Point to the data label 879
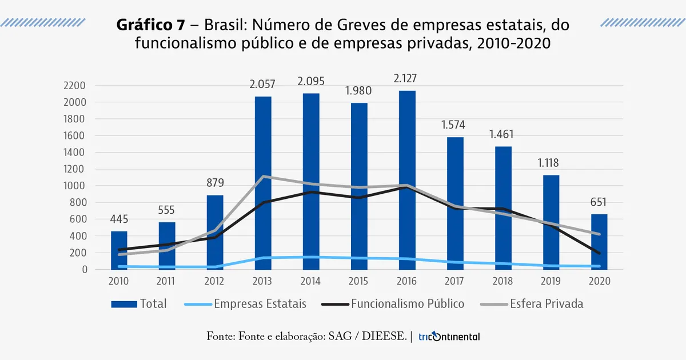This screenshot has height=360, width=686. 215,183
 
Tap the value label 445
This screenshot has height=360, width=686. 119,219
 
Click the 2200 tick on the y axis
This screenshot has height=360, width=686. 75,86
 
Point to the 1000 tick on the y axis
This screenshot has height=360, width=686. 75,186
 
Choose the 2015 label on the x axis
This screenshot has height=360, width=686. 359,281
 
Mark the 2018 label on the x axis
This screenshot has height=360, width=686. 503,281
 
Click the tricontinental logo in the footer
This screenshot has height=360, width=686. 449,337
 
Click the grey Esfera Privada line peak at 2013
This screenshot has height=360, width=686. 263,177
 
